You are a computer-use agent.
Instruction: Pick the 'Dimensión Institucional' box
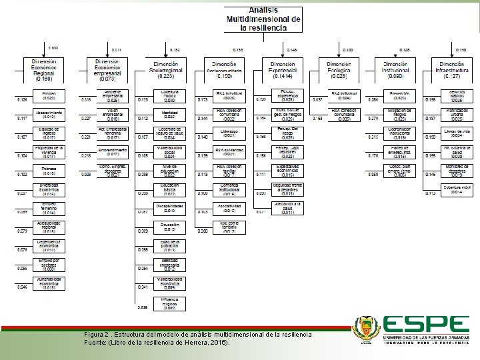[401, 69]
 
